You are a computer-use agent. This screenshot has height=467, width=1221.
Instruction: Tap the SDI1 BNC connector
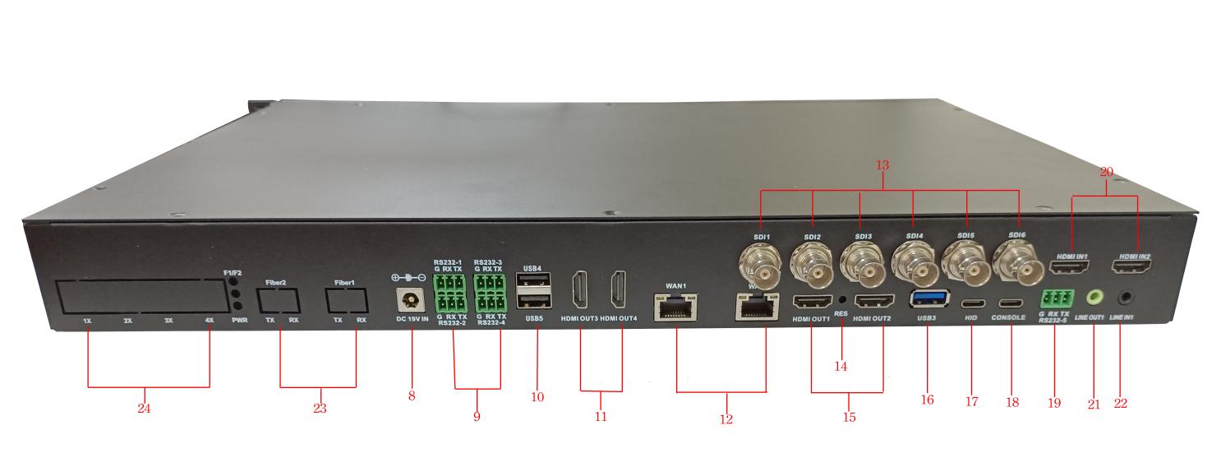762,268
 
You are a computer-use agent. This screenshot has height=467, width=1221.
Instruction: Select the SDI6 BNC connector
1016,266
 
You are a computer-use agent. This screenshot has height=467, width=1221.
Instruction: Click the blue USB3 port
928,298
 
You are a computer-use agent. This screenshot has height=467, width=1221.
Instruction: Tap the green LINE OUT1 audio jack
1095,297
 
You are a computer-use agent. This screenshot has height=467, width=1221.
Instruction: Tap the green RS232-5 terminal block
1056,298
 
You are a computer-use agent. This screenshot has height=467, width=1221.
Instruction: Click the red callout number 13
882,166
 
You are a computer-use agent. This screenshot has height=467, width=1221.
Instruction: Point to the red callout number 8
412,396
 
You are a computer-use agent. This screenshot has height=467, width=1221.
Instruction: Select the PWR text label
240,319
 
